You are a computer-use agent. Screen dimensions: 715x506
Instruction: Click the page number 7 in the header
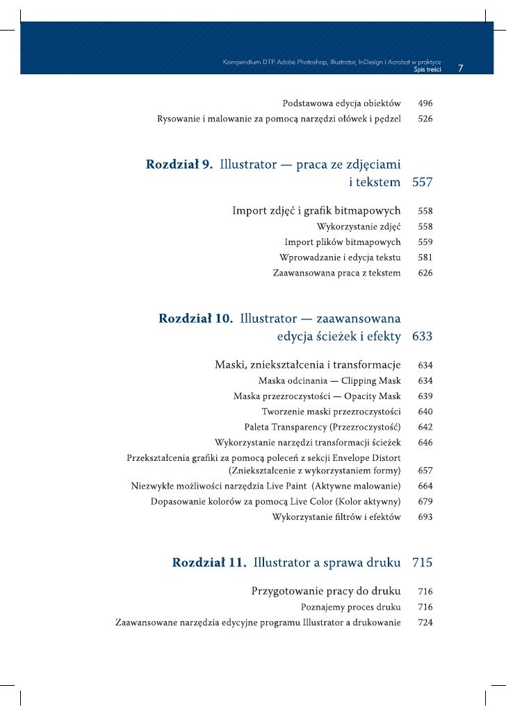point(461,69)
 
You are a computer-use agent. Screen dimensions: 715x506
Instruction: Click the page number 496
point(425,103)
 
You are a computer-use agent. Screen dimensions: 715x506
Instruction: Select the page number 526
point(425,119)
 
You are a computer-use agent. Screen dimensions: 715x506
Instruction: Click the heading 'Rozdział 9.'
point(179,165)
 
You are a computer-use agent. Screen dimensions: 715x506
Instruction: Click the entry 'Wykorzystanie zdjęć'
point(359,226)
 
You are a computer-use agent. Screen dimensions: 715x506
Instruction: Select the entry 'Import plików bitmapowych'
point(343,242)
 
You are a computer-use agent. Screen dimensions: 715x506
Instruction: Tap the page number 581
point(425,258)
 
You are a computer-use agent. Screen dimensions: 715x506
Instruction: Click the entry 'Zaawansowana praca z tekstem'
point(336,274)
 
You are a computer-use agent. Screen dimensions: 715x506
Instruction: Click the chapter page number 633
point(423,337)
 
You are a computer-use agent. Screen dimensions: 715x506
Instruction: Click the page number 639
point(425,396)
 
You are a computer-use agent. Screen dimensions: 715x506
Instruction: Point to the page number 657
point(425,471)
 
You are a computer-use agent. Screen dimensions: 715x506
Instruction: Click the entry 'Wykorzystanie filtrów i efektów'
point(336,517)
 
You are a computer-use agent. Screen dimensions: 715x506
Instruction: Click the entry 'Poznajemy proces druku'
point(350,607)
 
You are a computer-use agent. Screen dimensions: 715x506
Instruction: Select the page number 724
point(425,623)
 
